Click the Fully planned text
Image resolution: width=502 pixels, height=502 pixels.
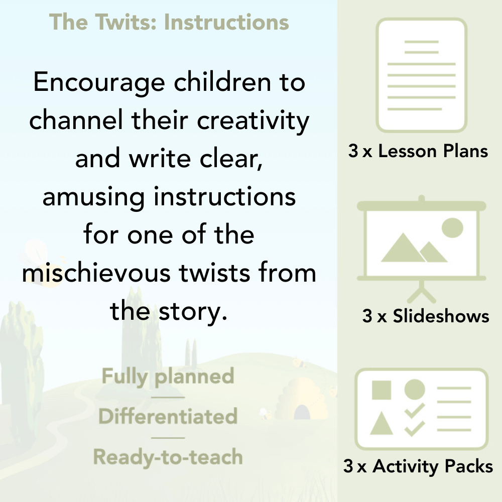(168, 376)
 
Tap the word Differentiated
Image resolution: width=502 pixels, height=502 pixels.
(168, 417)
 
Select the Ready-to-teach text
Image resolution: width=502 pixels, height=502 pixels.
(168, 457)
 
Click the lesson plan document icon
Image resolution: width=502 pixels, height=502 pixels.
(422, 75)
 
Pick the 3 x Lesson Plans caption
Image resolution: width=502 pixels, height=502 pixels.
(418, 151)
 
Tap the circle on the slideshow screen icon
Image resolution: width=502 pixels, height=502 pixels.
(452, 227)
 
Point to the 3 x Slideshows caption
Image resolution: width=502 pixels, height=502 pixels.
(426, 316)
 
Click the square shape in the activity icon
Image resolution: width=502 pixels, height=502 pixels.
(382, 390)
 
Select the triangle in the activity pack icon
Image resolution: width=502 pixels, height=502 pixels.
(382, 424)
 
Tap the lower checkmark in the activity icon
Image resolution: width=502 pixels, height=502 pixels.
(415, 428)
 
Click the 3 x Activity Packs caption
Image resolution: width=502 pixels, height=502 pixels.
(418, 467)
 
